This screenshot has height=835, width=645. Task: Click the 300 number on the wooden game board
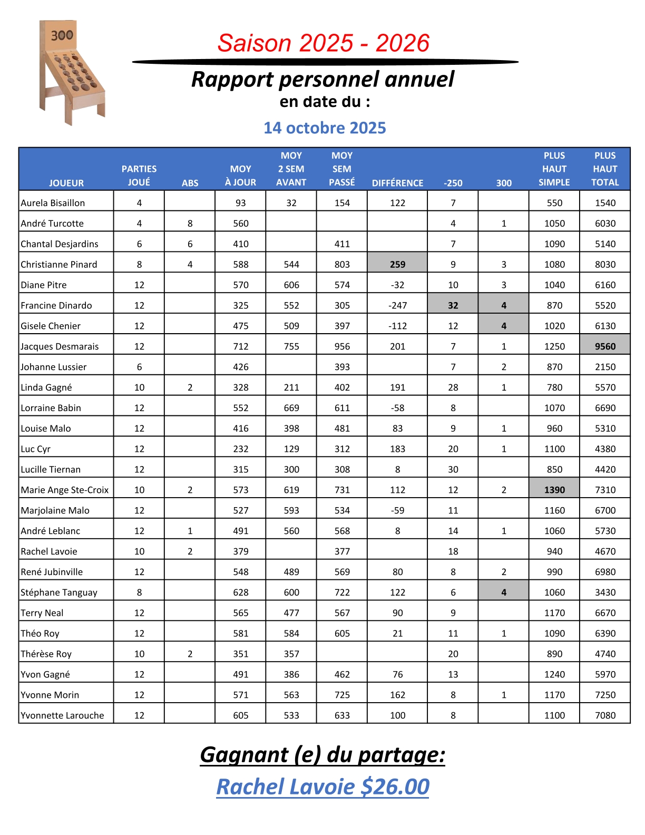pos(62,35)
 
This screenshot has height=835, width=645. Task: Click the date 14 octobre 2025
pos(325,128)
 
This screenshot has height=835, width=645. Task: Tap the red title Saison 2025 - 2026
pos(324,43)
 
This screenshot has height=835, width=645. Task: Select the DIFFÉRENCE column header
pos(397,183)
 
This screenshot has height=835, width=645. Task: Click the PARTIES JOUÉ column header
pos(139,176)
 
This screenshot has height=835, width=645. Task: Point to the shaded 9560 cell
pos(605,346)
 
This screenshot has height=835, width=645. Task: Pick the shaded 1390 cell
pos(554,490)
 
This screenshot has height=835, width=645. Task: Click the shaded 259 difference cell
pos(397,264)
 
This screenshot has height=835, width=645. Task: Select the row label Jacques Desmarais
pos(60,346)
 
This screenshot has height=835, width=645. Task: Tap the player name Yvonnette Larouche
pos(62,715)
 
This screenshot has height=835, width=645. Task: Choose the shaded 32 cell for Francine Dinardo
pos(453,305)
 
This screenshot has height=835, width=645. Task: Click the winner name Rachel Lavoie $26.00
pos(322,787)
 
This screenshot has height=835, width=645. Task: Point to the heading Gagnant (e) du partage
pos(322,754)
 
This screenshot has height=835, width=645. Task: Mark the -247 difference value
pos(397,305)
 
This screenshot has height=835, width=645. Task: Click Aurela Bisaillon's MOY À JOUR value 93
pos(241,203)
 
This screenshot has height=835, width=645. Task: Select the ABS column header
pos(190,183)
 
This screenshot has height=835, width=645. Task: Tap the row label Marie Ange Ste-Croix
pos(65,490)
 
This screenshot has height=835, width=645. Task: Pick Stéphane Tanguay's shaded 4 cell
pos(503,592)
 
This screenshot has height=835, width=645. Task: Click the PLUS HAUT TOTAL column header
pos(605,169)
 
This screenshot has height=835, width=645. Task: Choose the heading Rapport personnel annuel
pos(322,80)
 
